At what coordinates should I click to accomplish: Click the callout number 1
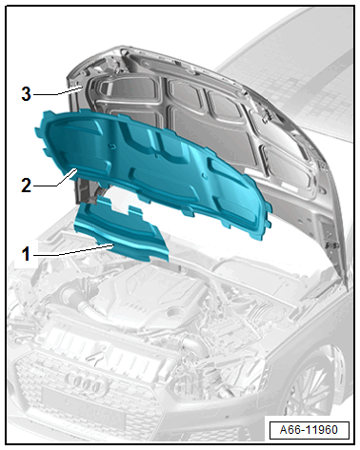point(26,254)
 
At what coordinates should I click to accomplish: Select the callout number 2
point(27,186)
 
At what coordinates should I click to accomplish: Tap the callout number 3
point(27,94)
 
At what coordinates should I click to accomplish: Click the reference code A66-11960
point(309,430)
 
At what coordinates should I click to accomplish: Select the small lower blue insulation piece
point(121,229)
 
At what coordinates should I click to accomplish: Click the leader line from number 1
point(73,250)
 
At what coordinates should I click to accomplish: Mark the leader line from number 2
point(55,180)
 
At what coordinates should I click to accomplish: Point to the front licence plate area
point(83,407)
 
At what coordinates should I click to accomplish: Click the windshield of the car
point(286,67)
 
